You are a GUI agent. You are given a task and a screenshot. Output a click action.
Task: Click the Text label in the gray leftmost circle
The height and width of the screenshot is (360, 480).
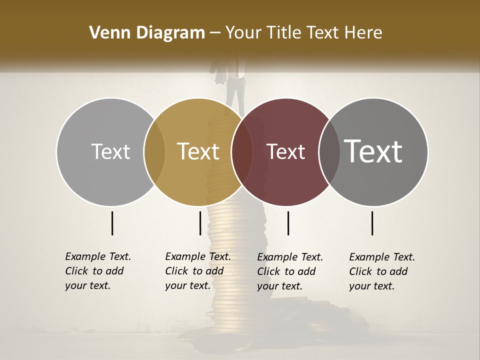(110, 151)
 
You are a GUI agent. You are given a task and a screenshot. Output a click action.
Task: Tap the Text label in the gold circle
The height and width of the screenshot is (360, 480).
(198, 151)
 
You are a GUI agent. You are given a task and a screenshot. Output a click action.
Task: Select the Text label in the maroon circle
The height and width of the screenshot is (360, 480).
(286, 151)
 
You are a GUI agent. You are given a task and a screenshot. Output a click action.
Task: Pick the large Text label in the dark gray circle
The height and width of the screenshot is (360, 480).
(373, 151)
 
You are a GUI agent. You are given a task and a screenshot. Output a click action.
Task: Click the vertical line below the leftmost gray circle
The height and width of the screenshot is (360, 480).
(112, 223)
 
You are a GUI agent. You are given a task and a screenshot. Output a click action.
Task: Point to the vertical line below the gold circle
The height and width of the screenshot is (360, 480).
(200, 223)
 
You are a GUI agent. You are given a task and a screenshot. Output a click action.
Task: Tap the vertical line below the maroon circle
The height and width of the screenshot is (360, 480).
(288, 223)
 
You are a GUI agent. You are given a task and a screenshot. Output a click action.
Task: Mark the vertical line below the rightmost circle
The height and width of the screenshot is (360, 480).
(372, 223)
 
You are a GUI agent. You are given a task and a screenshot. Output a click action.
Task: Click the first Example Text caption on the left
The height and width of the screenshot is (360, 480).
(97, 271)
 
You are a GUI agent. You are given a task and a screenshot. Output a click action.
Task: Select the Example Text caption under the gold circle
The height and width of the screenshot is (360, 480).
(197, 271)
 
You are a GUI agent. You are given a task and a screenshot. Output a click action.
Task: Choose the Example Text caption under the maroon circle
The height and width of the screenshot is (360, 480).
(289, 271)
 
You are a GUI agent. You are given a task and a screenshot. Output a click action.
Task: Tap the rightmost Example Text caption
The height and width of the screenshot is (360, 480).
(381, 271)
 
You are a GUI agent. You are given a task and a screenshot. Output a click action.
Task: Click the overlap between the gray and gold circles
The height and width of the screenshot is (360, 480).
(154, 151)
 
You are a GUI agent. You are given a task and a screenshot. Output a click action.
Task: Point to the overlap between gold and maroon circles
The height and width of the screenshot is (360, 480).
(242, 151)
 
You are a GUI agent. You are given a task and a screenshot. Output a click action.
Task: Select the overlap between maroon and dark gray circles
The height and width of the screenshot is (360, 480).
(329, 151)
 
